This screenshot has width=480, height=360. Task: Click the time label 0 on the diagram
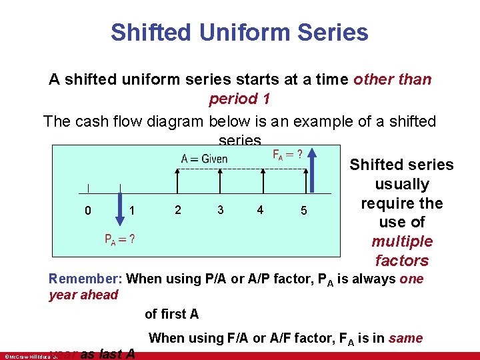pos(88,211)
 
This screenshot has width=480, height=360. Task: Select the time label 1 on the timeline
pos(133,211)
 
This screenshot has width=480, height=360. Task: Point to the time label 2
pos(177,210)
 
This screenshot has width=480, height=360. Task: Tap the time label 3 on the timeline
pos(220,210)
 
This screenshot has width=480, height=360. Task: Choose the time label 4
pos(260,210)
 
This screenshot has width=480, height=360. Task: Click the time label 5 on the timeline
pos(303,211)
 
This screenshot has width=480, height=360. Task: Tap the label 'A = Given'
pos(204,159)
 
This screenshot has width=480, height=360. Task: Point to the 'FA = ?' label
pos(287,155)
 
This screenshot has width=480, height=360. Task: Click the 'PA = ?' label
pos(119,239)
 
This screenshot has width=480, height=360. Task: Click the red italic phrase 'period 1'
pos(239,99)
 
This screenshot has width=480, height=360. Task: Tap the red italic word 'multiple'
pos(402,241)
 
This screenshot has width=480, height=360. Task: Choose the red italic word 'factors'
pos(402,260)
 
